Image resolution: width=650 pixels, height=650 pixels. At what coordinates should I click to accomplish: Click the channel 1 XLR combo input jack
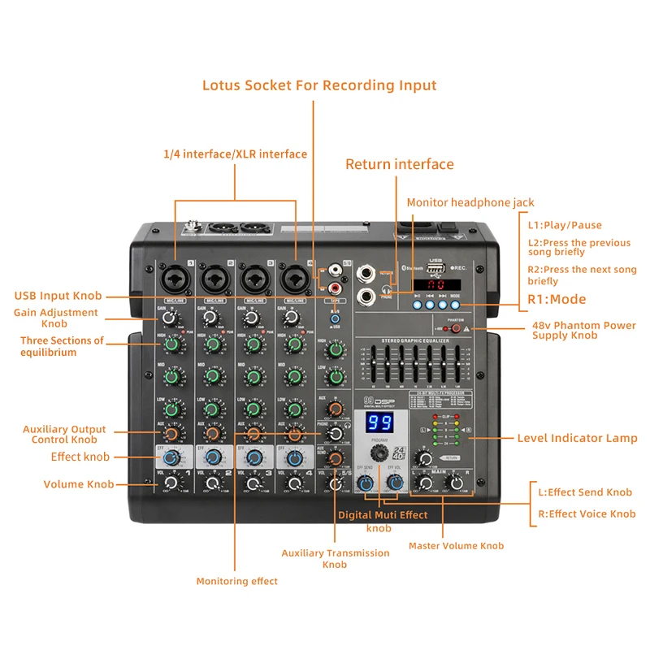pyautogui.click(x=175, y=278)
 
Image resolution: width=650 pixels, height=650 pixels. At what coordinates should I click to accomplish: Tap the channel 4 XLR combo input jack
pyautogui.click(x=295, y=278)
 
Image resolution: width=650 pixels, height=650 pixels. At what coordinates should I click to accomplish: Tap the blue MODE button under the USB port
pyautogui.click(x=455, y=304)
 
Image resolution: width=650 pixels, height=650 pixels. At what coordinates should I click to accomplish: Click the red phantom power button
pyautogui.click(x=457, y=329)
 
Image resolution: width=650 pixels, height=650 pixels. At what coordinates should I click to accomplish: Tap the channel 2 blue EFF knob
pyautogui.click(x=213, y=457)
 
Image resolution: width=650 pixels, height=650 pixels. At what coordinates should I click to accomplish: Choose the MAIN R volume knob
pyautogui.click(x=458, y=483)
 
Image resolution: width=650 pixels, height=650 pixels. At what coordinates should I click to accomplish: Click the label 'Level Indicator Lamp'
pyautogui.click(x=577, y=438)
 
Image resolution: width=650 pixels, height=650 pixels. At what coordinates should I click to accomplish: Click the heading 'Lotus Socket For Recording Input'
pyautogui.click(x=319, y=85)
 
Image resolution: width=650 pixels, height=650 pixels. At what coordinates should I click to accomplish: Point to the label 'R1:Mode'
pyautogui.click(x=557, y=300)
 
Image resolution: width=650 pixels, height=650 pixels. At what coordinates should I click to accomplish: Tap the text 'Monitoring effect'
pyautogui.click(x=236, y=581)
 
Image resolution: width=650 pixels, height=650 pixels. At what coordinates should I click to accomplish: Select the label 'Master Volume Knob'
pyautogui.click(x=456, y=546)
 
